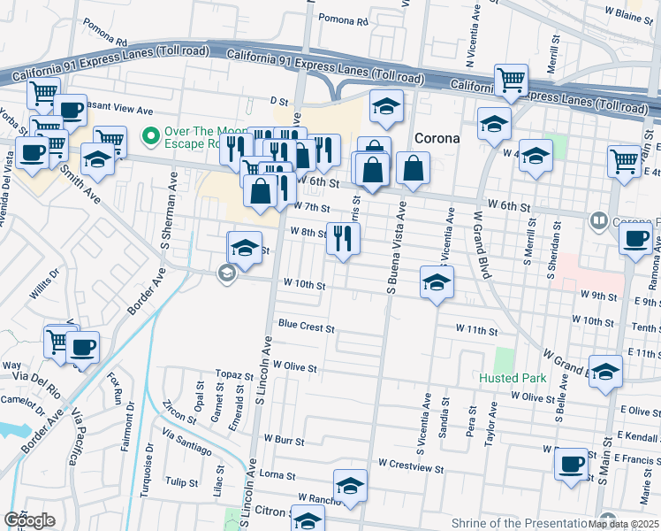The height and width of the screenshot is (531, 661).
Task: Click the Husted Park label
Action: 513,378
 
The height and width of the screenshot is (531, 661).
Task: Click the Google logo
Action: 30,520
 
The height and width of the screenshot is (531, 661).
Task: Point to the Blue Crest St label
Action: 307,327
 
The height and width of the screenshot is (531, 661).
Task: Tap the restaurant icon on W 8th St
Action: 343,237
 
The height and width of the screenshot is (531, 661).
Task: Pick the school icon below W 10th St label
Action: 437,282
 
